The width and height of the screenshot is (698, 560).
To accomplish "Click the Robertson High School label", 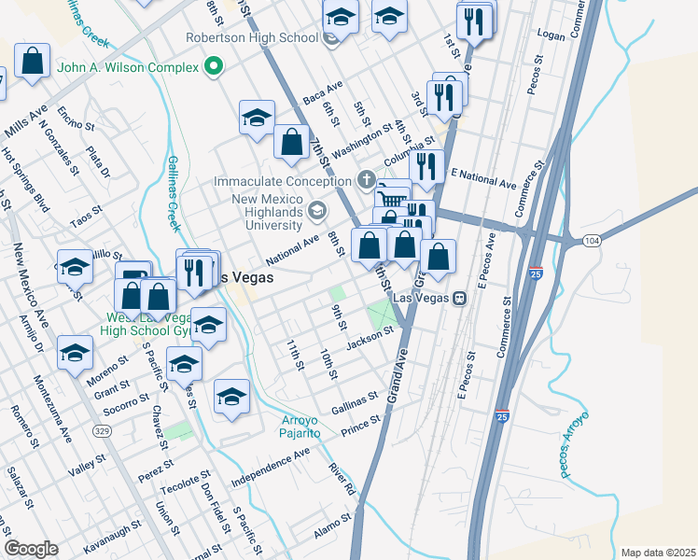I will click(252, 38).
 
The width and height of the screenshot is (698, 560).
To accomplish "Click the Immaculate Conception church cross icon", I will click(368, 180).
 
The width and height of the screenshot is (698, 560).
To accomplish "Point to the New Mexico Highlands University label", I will click(268, 212).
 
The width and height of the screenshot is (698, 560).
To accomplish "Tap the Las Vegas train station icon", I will click(459, 298).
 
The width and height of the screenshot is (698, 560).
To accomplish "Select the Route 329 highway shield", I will click(102, 430).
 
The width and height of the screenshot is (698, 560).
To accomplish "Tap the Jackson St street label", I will click(367, 343).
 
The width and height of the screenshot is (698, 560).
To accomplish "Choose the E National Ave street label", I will click(482, 179).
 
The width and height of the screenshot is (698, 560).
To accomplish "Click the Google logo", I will click(31, 549).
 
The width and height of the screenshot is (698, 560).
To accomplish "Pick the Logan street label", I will click(552, 34).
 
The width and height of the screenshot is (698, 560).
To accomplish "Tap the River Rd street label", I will click(342, 477).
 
